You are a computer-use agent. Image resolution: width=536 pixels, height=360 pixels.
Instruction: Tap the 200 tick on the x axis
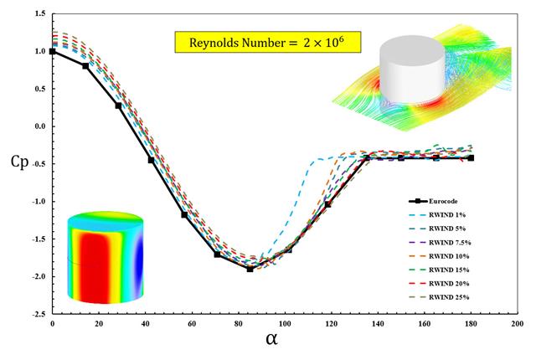point(518,322)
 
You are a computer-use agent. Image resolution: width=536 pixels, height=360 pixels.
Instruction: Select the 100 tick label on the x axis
point(285,322)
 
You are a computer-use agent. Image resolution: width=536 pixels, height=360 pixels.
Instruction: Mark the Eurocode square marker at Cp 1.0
point(53,51)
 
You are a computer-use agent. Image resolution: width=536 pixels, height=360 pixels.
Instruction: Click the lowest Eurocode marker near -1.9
point(250,269)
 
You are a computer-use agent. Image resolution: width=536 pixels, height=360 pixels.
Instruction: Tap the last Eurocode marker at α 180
point(471,157)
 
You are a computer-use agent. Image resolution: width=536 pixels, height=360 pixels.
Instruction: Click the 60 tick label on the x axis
point(192,322)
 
